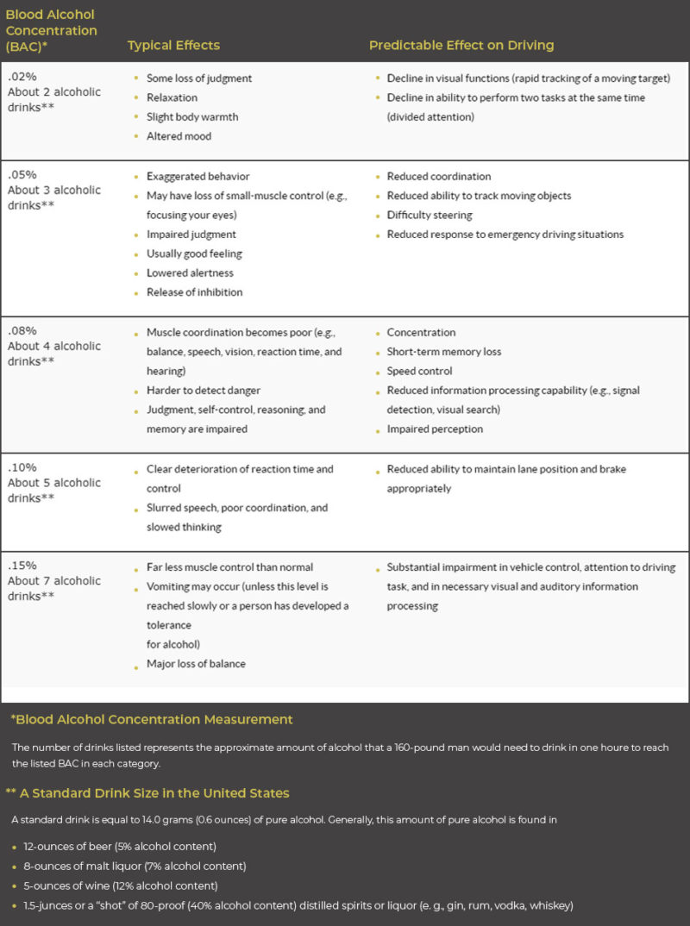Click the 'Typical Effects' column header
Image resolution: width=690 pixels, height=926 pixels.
173,45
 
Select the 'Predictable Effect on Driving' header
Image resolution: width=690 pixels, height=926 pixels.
461,45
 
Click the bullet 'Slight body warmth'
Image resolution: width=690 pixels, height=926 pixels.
191,116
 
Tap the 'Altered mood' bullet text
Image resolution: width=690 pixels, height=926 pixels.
179,136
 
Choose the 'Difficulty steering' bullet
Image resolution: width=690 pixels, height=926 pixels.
430,215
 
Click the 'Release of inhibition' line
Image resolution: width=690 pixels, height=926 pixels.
194,292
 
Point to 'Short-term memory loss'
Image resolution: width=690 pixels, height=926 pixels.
443,352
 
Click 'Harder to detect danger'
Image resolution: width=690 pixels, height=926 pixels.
204,391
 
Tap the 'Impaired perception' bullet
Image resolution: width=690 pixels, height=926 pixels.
435,429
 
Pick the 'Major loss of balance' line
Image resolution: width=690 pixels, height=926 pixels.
196,664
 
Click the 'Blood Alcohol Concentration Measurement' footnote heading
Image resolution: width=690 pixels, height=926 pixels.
152,719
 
